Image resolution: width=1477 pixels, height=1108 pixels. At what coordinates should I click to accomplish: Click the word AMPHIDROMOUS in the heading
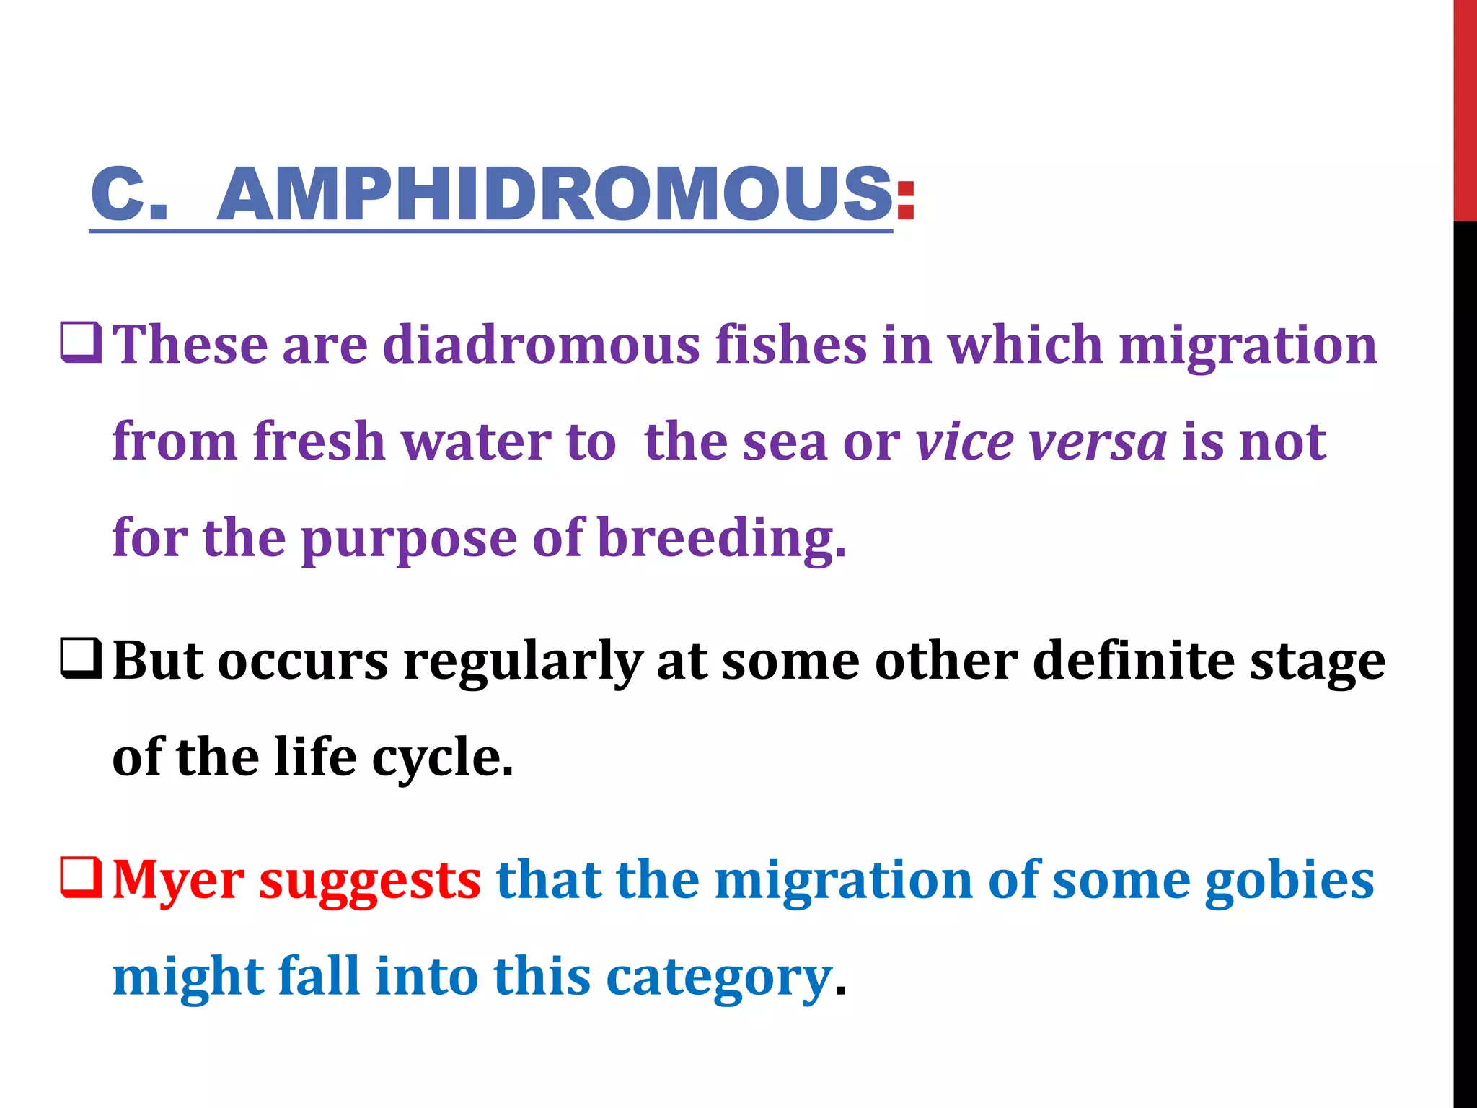(554, 194)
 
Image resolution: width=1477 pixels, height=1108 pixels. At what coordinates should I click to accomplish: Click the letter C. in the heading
(130, 194)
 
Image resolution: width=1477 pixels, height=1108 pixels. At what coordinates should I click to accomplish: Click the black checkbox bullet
(81, 659)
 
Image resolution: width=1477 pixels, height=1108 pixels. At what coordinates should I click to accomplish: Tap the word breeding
(721, 538)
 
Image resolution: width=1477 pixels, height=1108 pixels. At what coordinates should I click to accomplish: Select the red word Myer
(179, 881)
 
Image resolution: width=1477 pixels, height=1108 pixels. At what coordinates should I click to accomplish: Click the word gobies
(1289, 881)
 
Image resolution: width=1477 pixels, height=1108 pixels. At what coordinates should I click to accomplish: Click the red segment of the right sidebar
(1465, 108)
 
